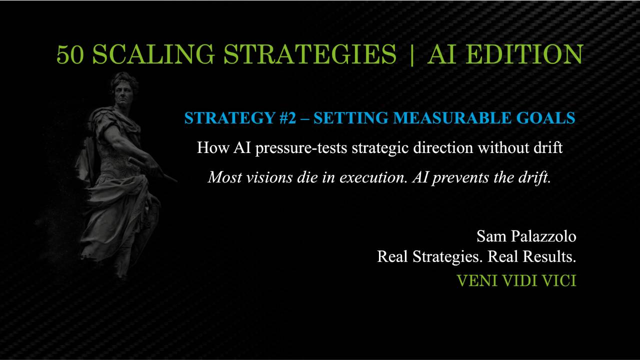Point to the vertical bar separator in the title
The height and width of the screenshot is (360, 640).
[x=412, y=54]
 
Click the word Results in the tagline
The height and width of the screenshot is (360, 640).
[x=549, y=257]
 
